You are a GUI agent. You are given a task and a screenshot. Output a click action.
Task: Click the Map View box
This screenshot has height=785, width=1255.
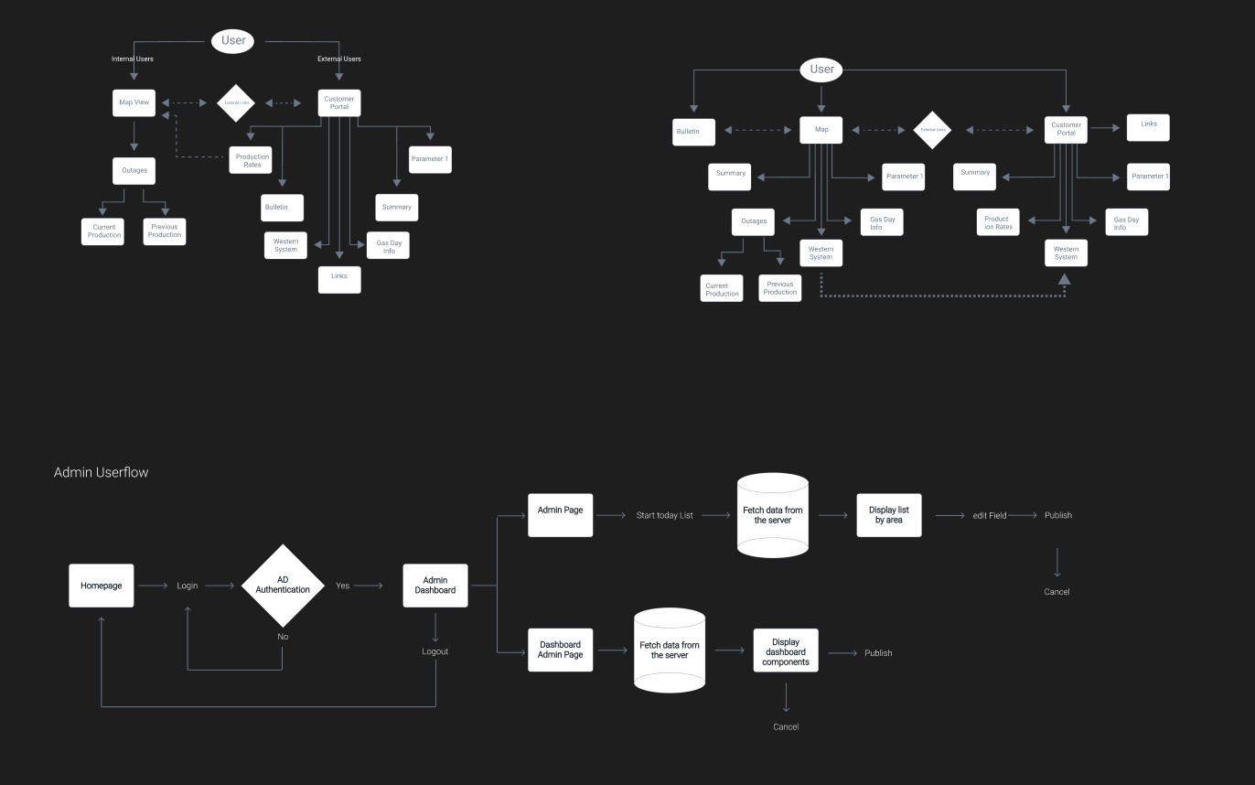click(134, 102)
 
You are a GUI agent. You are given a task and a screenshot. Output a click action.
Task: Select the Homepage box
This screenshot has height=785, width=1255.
click(102, 586)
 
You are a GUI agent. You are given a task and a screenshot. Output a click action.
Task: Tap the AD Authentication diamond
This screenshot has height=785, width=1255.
click(283, 586)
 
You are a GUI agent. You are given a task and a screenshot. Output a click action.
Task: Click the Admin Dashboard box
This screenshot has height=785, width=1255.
click(435, 586)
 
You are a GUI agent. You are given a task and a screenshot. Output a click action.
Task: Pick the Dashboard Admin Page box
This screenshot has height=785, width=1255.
click(561, 650)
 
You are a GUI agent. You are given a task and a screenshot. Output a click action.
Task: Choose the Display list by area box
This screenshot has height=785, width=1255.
click(888, 515)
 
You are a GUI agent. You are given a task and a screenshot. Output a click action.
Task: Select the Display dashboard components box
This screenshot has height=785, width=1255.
click(786, 651)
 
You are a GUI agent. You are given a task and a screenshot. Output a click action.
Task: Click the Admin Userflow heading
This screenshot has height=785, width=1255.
click(101, 473)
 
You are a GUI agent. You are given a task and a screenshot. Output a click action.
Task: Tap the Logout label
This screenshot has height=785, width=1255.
click(435, 651)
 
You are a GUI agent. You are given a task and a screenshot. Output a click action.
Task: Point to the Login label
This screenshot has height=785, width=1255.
click(188, 586)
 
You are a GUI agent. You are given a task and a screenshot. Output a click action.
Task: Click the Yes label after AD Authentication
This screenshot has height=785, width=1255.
click(343, 586)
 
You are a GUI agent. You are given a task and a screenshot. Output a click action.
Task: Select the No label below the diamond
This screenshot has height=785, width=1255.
click(283, 637)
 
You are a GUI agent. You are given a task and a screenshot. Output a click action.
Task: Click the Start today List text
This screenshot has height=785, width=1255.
click(665, 516)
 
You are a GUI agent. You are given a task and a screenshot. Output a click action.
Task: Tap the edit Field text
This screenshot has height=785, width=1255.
click(990, 516)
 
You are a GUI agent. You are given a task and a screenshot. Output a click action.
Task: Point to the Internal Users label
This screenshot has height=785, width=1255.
click(133, 59)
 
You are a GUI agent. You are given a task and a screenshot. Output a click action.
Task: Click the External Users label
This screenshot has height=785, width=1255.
click(339, 59)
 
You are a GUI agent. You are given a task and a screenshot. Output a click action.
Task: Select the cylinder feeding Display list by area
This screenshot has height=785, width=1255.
click(773, 515)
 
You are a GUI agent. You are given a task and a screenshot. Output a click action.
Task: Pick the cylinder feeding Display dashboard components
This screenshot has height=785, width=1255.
click(670, 650)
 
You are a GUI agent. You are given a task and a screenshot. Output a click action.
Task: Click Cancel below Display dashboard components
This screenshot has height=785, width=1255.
click(786, 727)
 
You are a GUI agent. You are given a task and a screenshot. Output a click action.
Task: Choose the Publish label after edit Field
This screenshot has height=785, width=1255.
click(1058, 515)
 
